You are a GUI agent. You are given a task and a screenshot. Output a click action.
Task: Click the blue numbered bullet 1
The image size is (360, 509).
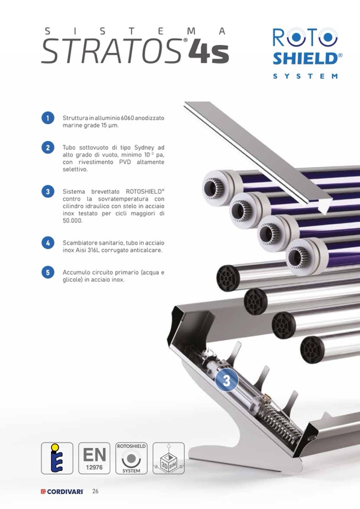point(48,118)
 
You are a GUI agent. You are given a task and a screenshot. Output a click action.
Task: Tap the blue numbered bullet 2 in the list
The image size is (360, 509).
point(48,148)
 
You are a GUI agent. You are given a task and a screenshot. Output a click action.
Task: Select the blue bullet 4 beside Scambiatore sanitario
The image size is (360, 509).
point(48,243)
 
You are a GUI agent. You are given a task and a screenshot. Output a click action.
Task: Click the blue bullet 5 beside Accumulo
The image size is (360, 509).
point(48,272)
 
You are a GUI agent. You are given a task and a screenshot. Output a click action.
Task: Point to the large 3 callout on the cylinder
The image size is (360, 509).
point(227,381)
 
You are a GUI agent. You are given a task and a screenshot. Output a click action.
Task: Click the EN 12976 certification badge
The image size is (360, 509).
point(94,458)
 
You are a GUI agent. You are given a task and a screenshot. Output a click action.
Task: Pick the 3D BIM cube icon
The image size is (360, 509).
point(168,458)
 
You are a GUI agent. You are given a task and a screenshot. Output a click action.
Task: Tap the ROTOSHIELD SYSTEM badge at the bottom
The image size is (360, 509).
point(131,458)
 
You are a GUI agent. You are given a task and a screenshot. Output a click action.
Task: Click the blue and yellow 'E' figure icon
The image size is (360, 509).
point(57,458)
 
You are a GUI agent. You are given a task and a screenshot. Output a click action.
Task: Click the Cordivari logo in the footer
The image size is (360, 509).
point(62,491)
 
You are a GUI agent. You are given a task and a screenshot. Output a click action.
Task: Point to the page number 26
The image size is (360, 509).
point(95,491)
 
